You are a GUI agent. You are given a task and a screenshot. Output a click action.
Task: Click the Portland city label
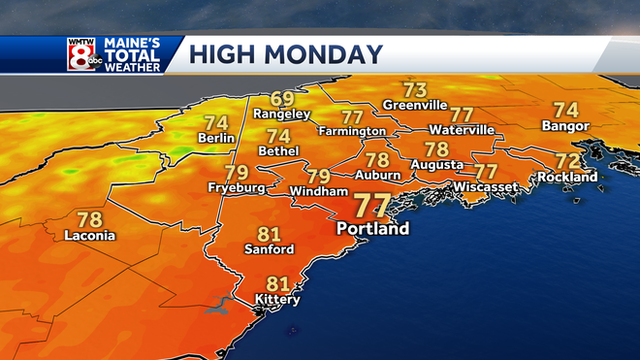372,230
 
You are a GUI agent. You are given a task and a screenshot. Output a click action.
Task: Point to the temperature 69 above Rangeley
282,98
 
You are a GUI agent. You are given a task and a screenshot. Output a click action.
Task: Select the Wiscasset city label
482,186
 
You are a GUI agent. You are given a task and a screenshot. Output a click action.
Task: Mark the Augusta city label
436,166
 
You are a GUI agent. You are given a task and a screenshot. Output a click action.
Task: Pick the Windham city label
319,192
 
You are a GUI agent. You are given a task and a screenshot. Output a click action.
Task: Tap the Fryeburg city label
236,187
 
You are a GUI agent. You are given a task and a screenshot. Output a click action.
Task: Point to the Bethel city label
279,151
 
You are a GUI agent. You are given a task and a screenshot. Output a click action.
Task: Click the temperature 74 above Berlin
215,123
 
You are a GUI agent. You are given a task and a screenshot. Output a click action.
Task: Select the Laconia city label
89,236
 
